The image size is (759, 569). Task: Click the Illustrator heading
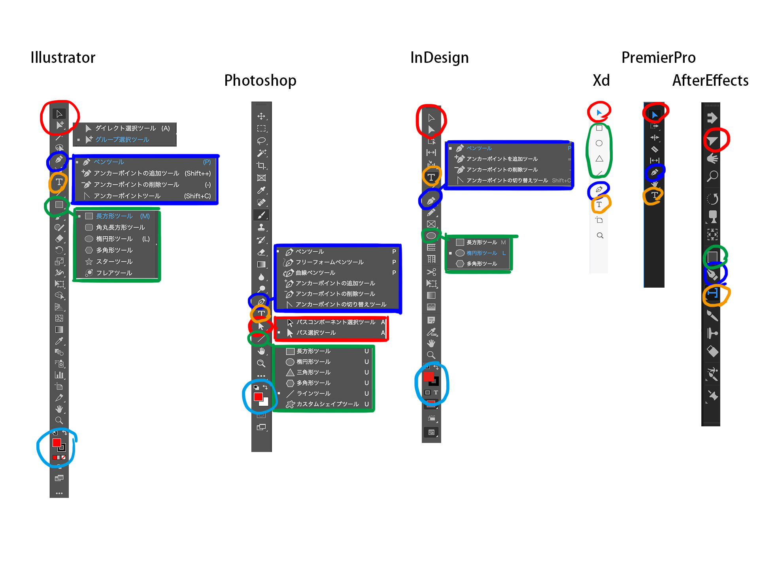click(63, 58)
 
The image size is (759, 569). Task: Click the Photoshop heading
click(260, 81)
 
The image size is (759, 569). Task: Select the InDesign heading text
click(439, 58)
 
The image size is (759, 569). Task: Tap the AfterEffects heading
click(710, 81)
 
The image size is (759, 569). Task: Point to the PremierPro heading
click(658, 58)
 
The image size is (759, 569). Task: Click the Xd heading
click(601, 81)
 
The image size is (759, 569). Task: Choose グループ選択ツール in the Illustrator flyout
click(122, 139)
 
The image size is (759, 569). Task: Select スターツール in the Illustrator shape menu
click(114, 262)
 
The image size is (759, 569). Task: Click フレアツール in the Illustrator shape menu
click(114, 273)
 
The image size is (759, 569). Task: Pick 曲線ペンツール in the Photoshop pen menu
click(315, 273)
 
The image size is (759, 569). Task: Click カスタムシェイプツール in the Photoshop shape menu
click(327, 404)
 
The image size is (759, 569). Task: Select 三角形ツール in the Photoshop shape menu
click(313, 372)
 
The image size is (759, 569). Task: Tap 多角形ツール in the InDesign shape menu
click(481, 264)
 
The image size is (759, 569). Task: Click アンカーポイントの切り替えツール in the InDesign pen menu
click(507, 180)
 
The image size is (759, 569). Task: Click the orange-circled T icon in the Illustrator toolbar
click(59, 182)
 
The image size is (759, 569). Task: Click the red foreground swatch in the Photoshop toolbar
click(258, 397)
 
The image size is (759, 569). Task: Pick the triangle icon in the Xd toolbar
click(599, 158)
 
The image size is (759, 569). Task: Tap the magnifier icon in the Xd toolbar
click(600, 236)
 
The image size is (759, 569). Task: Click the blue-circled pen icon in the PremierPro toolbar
click(655, 172)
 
